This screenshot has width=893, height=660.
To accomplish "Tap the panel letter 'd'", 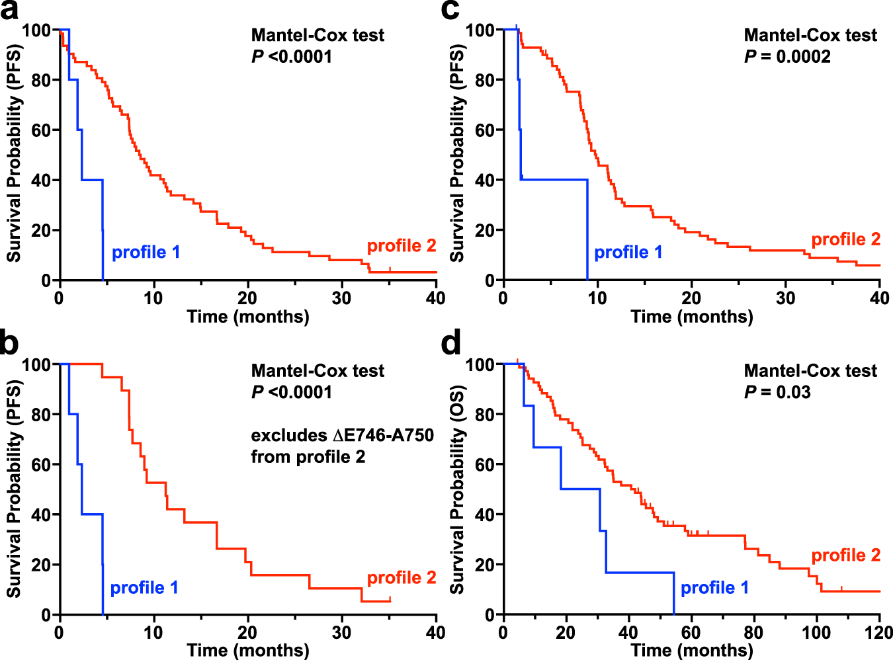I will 451,345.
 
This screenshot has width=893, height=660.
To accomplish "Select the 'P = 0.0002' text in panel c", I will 787,57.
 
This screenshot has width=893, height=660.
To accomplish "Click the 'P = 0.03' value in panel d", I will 777,392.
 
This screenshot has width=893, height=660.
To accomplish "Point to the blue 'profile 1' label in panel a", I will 146,252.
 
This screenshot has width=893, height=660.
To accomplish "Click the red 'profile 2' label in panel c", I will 845,239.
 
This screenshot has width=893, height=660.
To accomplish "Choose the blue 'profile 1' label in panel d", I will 714,588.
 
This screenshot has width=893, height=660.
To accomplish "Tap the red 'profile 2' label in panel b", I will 402,578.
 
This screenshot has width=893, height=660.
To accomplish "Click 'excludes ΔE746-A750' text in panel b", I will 342,435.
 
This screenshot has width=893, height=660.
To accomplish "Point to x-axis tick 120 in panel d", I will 879,632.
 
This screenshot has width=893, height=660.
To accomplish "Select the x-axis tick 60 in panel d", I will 691,632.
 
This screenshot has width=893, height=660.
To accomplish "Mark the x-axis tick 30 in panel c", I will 785,298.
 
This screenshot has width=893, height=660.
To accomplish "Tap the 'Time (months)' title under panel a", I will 248,317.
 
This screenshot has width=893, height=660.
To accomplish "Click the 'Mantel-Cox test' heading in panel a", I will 318,35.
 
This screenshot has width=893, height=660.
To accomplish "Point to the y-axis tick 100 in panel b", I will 37,365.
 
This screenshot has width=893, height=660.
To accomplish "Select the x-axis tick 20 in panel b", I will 247,632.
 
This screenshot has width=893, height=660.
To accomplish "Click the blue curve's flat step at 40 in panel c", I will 554,179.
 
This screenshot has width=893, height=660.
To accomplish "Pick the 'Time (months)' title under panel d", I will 691,650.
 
